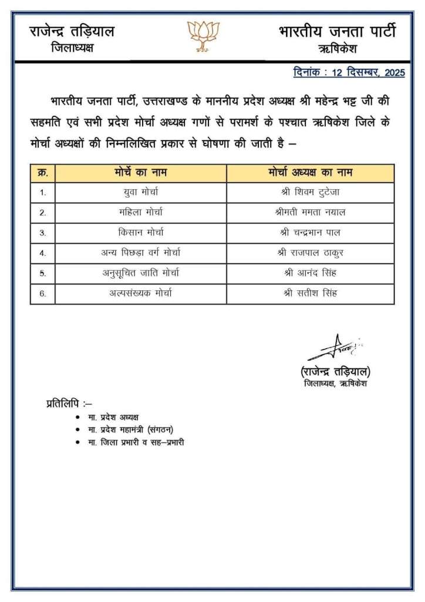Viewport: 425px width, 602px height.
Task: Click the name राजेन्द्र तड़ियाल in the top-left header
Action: (x=72, y=31)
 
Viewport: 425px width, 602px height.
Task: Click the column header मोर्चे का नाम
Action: (x=140, y=173)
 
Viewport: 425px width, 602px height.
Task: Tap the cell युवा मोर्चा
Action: (x=140, y=192)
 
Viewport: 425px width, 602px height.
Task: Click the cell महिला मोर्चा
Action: (x=140, y=212)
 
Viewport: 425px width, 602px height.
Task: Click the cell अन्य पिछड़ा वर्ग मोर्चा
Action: (x=140, y=253)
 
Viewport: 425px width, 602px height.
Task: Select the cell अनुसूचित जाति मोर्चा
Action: (x=140, y=273)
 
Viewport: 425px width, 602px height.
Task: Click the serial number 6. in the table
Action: (x=43, y=293)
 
